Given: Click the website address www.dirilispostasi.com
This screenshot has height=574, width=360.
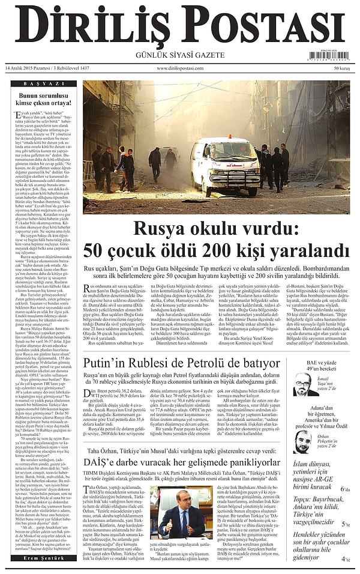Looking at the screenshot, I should [x=180, y=68].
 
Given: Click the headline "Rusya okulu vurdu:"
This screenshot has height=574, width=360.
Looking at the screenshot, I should [x=215, y=229].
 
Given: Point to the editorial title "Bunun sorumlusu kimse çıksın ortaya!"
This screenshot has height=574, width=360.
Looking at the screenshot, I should [x=38, y=98].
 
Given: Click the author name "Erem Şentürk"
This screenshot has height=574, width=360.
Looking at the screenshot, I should [x=38, y=558].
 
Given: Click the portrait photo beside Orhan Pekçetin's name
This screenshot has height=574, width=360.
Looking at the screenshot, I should [x=302, y=441].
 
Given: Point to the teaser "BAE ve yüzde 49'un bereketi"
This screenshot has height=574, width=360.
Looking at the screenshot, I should [x=320, y=366].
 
